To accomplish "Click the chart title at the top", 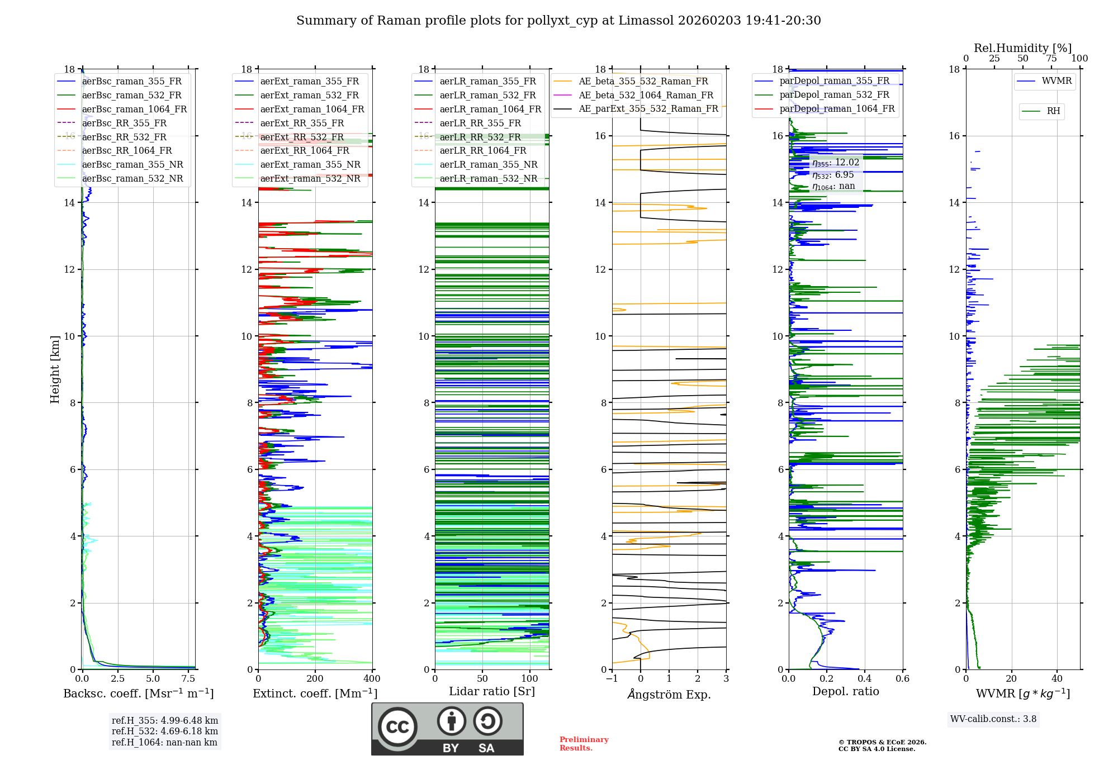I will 558,21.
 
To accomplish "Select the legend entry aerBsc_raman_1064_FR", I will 134,109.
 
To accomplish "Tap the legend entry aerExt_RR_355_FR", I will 302,123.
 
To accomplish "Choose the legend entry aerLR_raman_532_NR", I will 488,178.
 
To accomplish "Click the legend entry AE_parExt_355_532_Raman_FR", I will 648,108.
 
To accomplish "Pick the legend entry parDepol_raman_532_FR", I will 834,94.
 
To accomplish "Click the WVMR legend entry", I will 1057,81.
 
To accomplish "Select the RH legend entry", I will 1053,111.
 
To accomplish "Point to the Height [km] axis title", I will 55,369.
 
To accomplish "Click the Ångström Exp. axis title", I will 669,694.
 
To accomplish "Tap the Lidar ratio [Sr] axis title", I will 492,691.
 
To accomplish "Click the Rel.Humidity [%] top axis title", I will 1022,48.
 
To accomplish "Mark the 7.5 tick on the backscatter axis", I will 188,678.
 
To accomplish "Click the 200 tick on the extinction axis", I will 315,678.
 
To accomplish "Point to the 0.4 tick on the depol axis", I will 865,678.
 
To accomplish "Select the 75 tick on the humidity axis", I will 1051,58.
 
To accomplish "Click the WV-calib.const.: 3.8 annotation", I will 993,719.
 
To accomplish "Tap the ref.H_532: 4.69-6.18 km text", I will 165,731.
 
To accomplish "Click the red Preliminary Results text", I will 584,744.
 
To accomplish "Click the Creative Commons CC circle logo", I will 397,727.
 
